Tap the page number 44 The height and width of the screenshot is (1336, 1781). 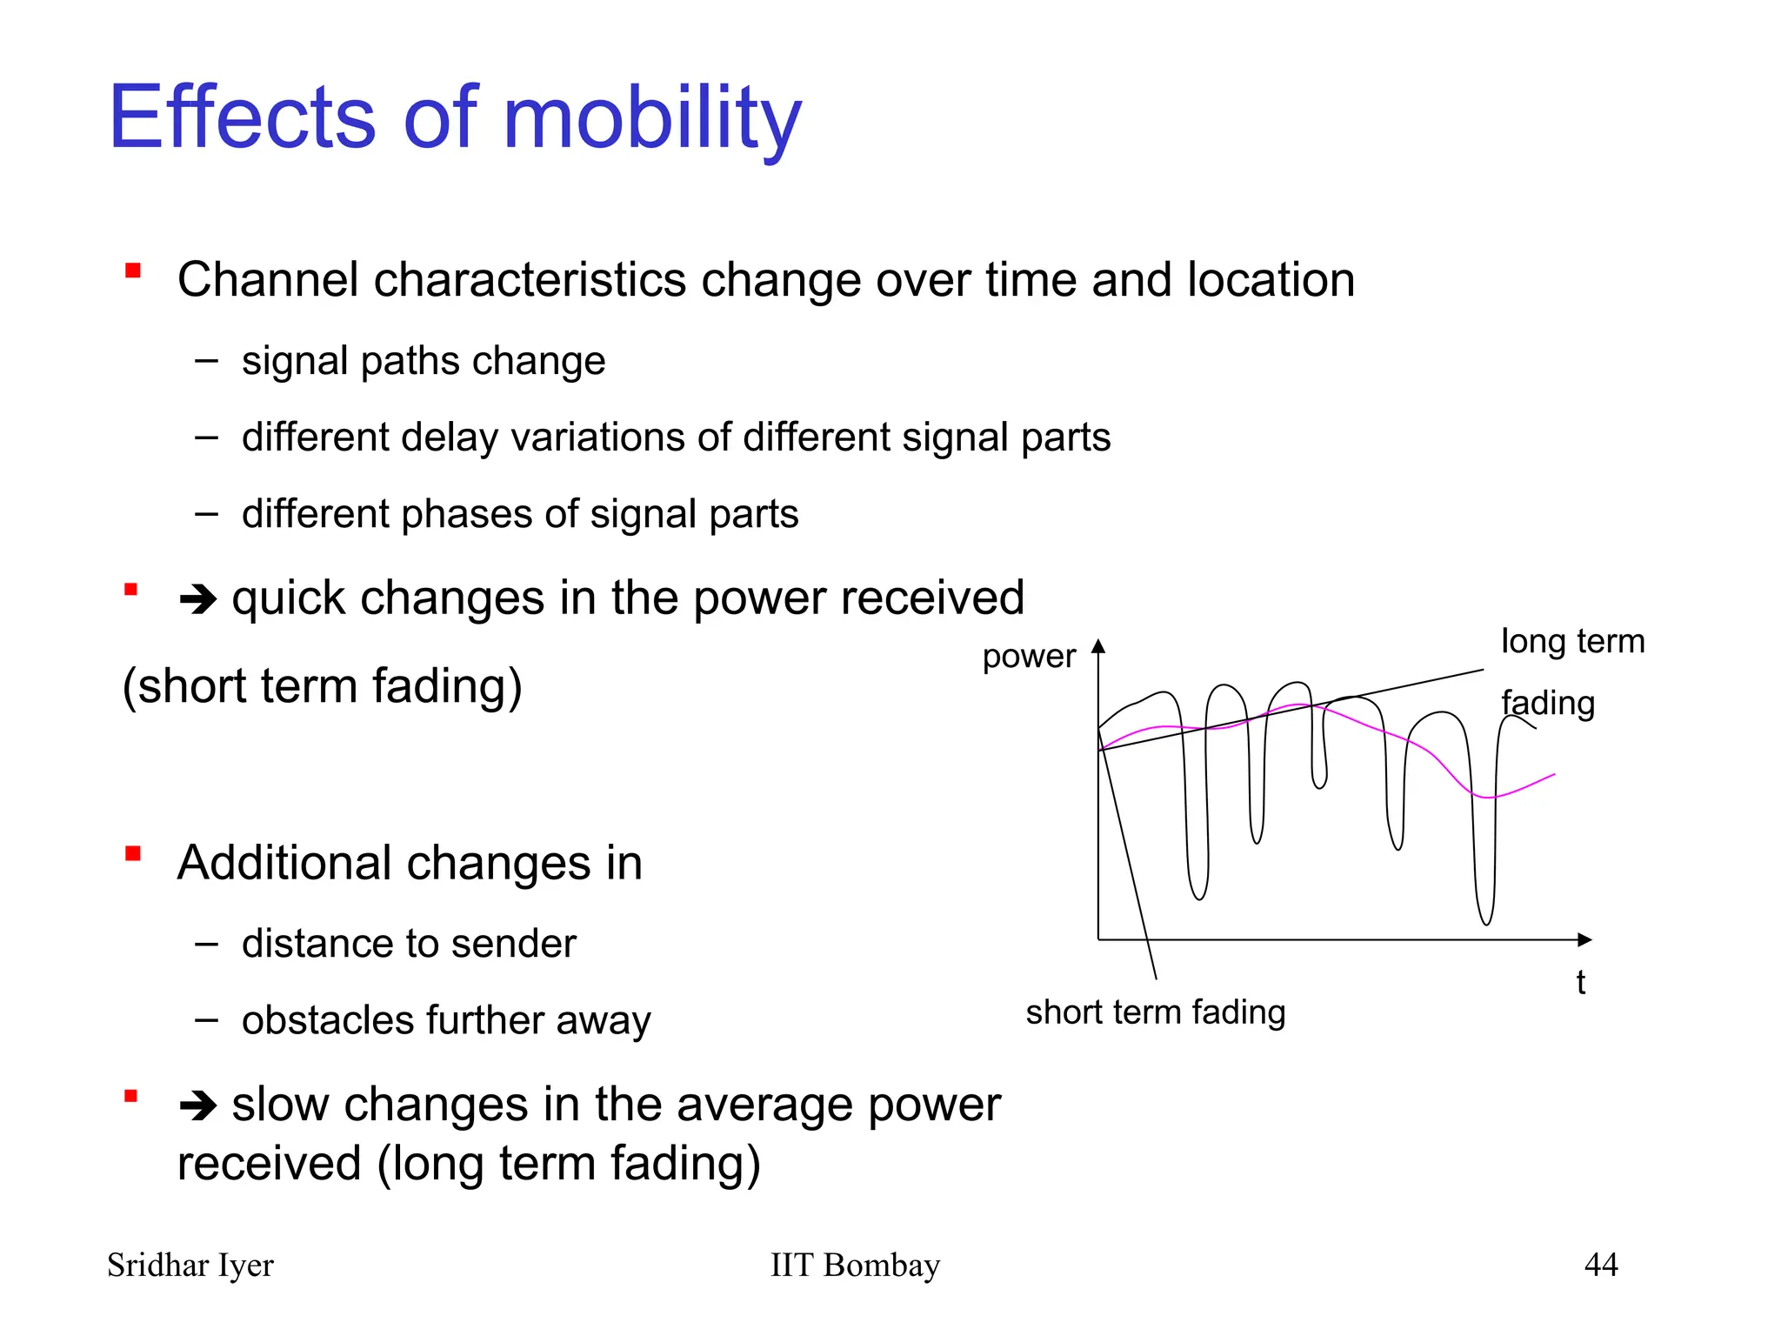1600,1265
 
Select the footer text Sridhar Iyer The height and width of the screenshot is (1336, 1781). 190,1265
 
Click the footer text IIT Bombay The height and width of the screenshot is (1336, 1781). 855,1265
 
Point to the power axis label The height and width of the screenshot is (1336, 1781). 1029,656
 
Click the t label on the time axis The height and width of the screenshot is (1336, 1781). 1580,983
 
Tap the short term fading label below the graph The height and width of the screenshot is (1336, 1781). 1155,1012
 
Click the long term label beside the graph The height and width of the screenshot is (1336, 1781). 1572,642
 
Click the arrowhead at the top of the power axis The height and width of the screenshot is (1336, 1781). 1098,645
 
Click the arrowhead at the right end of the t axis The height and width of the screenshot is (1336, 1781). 1584,939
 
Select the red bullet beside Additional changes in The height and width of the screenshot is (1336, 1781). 133,853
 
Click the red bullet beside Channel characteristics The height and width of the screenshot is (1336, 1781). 133,271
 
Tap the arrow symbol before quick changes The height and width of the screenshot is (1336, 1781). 197,599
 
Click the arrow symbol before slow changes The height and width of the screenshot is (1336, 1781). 197,1106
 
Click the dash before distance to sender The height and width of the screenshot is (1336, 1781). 206,944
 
